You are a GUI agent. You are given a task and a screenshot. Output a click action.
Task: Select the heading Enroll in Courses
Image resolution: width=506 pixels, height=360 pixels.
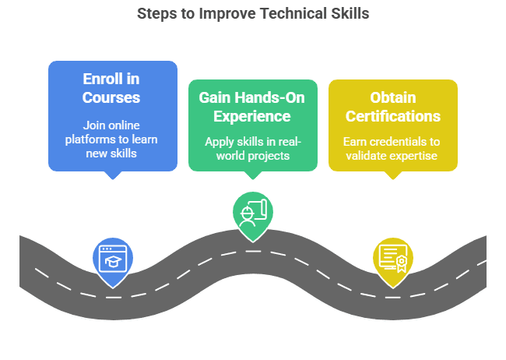111,88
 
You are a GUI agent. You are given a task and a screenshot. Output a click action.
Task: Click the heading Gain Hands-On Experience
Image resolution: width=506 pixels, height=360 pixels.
251,107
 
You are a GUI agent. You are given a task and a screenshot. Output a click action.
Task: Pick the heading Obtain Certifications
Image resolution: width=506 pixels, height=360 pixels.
392,107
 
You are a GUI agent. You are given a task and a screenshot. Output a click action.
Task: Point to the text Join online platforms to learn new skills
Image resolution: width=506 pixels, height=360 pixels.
111,139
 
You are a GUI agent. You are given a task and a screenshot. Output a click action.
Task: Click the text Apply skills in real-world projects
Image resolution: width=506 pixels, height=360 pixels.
253,149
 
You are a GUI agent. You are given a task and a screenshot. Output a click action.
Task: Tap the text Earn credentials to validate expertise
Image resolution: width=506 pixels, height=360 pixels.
392,149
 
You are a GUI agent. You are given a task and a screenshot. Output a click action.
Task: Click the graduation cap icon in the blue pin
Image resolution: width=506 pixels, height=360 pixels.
113,261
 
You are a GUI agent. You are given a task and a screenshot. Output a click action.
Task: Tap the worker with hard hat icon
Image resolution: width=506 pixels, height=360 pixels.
248,217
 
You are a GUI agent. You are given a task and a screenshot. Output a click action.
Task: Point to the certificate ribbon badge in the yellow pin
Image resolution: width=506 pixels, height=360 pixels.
402,263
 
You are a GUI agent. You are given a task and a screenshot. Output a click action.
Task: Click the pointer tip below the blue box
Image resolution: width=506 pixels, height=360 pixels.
113,179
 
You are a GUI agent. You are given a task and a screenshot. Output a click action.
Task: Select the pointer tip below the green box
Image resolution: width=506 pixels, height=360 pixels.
253,179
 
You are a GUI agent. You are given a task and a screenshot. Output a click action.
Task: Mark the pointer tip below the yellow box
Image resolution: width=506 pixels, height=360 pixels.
392,179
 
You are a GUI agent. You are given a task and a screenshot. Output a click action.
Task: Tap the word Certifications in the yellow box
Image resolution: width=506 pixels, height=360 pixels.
392,116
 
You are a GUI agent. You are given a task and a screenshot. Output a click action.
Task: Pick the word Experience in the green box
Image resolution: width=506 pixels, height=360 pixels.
251,117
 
